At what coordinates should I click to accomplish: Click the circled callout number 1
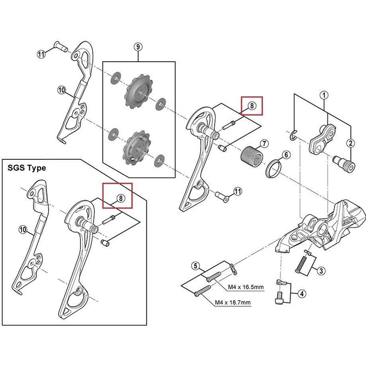[324, 96]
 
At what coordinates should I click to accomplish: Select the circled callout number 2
[350, 143]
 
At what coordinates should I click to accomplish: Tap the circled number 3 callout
[322, 271]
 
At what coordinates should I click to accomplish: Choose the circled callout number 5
[195, 266]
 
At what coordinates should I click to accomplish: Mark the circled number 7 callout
[264, 144]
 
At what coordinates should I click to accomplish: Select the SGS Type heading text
[26, 168]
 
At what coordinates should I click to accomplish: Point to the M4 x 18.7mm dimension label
[233, 303]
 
